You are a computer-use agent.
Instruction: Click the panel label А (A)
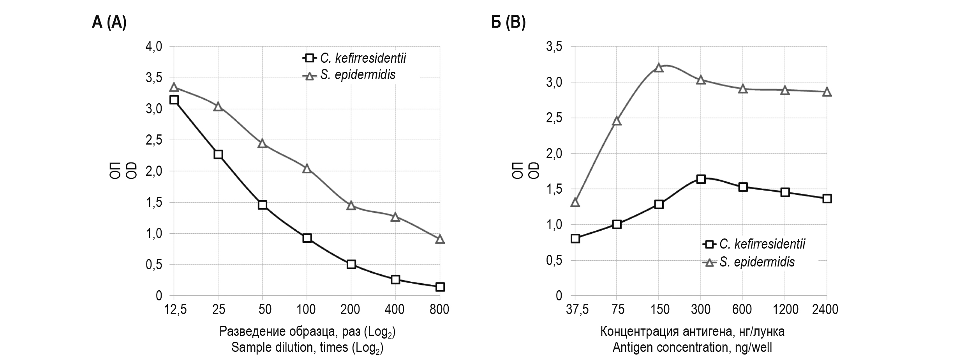[x=109, y=23]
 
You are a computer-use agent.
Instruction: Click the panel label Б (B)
[x=508, y=23]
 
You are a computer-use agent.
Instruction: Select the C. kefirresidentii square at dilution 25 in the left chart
[x=218, y=154]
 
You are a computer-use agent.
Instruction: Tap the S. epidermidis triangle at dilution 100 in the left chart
[x=307, y=168]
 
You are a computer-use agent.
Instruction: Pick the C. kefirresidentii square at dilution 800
[x=440, y=287]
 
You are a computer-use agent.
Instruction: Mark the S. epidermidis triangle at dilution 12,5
[x=174, y=87]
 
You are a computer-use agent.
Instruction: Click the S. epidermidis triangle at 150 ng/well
[x=659, y=68]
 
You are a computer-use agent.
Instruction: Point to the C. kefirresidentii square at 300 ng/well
[x=701, y=179]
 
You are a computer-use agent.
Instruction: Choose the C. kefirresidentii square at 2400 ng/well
[x=827, y=199]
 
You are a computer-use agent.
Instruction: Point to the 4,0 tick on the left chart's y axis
[x=153, y=47]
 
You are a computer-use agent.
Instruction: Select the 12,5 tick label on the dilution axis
[x=175, y=310]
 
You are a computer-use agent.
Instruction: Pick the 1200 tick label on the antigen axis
[x=785, y=310]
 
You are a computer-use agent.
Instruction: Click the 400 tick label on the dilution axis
[x=394, y=310]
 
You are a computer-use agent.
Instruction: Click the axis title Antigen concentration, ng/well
[x=692, y=347]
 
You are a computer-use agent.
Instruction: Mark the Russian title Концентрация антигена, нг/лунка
[x=692, y=332]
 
